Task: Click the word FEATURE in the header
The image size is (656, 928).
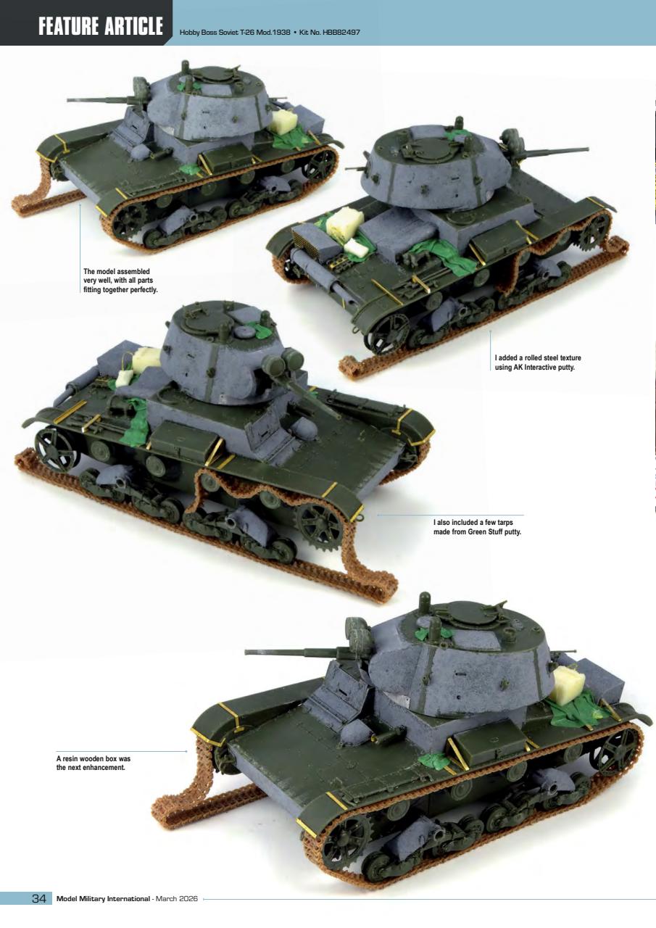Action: point(70,27)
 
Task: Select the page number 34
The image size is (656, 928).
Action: point(39,899)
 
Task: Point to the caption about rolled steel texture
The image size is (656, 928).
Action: point(538,362)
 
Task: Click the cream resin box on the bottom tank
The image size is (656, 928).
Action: point(568,684)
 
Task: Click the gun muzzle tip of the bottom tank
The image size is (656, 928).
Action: point(249,652)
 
